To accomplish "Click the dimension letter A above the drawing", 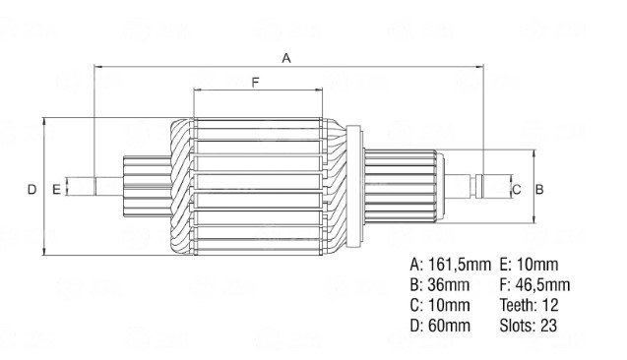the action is pos(286,58).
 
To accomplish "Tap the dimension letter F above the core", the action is pos(256,83).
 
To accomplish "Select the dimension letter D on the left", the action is pos(31,190).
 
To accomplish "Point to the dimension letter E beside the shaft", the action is pos(56,190).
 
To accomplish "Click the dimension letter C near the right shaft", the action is pos(517,190).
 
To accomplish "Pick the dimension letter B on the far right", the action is pos(539,190).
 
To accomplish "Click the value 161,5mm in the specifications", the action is pos(460,265).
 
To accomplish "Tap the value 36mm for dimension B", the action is pos(448,285).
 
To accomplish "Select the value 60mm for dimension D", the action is pos(449,326).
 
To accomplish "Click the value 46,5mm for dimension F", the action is pos(542,285).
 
